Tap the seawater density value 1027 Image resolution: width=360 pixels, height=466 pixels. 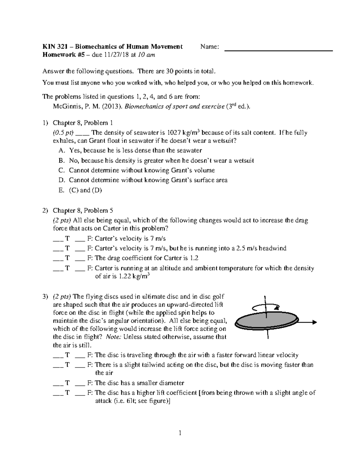[174, 133]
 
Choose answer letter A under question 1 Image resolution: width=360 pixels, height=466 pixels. [61, 150]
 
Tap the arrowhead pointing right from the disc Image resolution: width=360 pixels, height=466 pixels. [314, 322]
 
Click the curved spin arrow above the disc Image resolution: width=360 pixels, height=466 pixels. [265, 306]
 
